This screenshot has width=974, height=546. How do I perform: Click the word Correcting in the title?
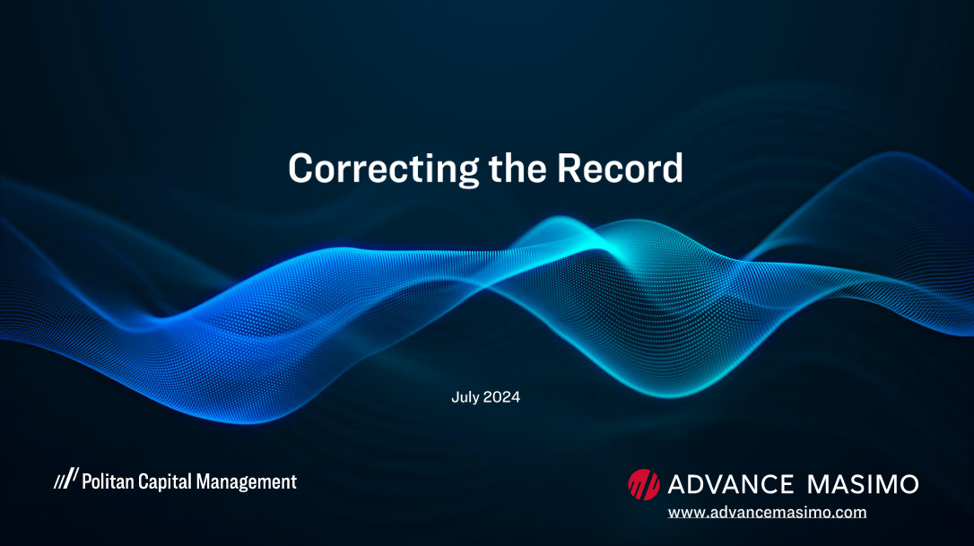pyautogui.click(x=383, y=169)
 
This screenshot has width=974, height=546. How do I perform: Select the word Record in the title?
pyautogui.click(x=620, y=168)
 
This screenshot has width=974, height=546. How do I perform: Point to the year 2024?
pyautogui.click(x=501, y=397)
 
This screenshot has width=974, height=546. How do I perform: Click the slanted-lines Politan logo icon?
pyautogui.click(x=66, y=478)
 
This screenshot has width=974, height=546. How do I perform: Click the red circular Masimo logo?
pyautogui.click(x=644, y=484)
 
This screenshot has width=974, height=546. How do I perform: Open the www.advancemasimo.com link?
pyautogui.click(x=767, y=513)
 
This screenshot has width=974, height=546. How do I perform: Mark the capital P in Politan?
pyautogui.click(x=87, y=481)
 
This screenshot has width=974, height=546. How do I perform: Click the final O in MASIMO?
pyautogui.click(x=908, y=484)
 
